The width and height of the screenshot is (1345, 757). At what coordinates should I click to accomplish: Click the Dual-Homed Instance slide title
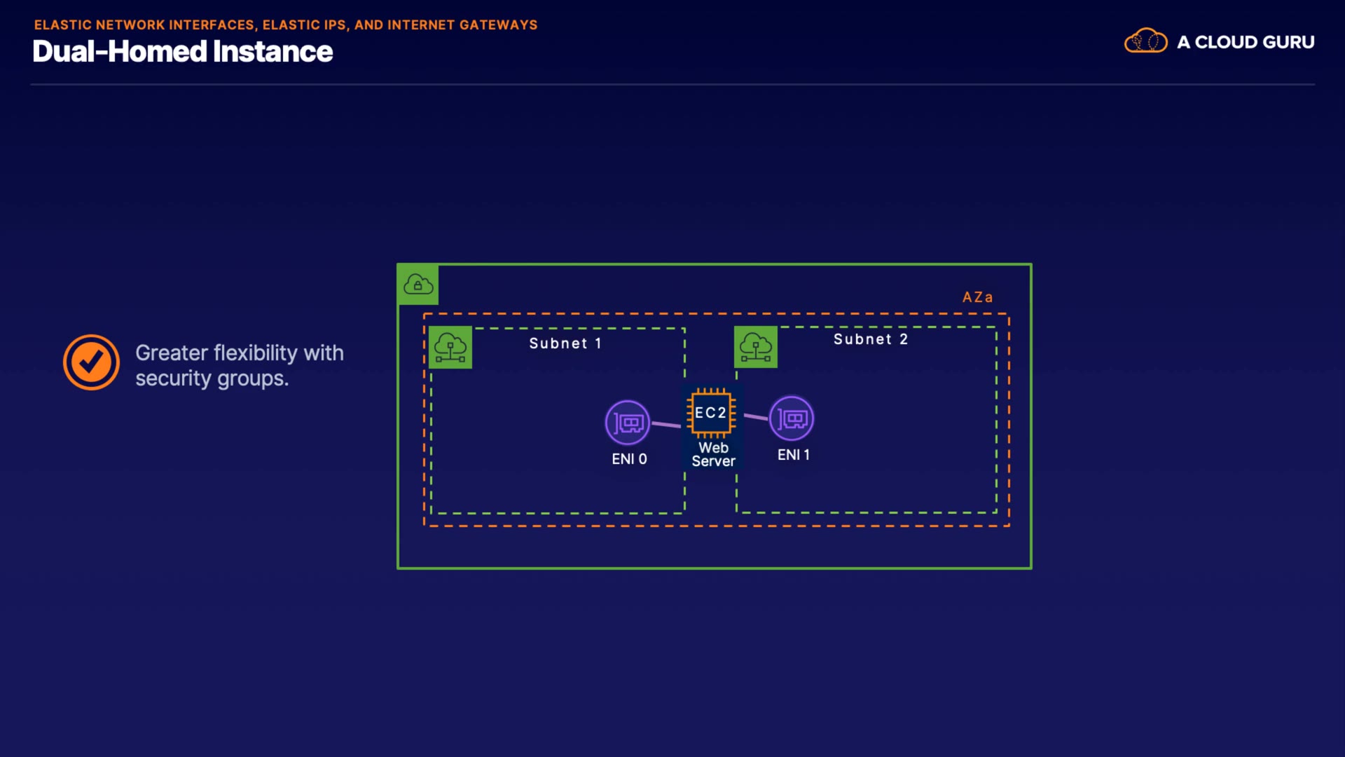(x=182, y=52)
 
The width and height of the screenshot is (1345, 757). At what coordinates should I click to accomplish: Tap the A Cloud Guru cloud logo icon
(x=1145, y=41)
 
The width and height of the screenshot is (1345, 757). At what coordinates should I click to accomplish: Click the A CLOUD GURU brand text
(x=1246, y=42)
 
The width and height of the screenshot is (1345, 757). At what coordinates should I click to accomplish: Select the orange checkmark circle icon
(x=91, y=362)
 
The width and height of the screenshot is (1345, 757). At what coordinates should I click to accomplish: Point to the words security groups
(x=212, y=378)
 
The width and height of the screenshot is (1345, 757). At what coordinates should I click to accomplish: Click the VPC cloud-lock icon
(x=418, y=285)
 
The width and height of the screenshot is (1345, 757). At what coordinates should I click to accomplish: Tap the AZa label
(x=977, y=297)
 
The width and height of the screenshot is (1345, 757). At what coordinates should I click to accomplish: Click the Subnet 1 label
(x=565, y=343)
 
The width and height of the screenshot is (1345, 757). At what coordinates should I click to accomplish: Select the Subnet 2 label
(x=870, y=339)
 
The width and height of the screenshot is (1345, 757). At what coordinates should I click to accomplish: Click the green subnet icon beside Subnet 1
(x=450, y=347)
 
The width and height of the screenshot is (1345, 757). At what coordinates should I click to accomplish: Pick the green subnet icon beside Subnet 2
(x=756, y=347)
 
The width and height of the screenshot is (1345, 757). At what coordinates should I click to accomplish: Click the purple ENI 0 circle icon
(x=628, y=423)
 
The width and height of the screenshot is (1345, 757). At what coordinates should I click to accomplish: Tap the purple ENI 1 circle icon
(x=792, y=418)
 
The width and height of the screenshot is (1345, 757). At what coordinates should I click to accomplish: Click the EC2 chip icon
(x=711, y=413)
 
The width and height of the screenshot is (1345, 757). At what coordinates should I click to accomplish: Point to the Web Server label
(x=713, y=454)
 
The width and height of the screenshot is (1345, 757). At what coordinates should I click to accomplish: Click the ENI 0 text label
(x=629, y=459)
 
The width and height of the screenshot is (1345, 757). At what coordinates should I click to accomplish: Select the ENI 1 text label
(x=793, y=455)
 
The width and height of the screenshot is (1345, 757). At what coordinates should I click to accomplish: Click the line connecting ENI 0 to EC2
(x=666, y=424)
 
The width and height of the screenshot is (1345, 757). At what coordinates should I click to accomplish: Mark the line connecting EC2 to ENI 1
(x=756, y=417)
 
